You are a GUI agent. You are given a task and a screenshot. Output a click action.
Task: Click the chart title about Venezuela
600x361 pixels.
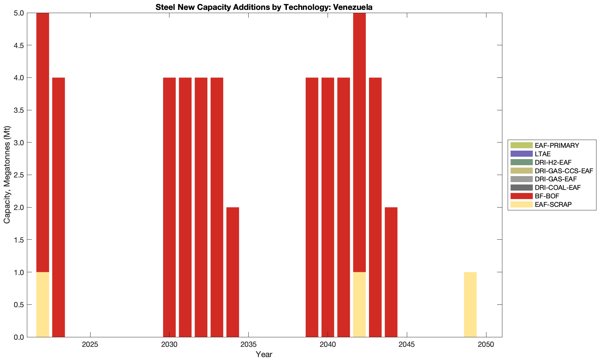click(264, 7)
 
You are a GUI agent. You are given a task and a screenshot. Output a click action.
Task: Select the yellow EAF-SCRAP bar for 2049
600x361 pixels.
click(470, 304)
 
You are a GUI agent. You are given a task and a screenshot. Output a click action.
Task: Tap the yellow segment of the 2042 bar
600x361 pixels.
click(359, 304)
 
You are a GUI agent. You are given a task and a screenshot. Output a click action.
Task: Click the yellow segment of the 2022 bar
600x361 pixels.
click(42, 304)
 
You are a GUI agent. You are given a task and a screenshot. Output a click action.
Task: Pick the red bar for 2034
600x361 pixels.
click(233, 272)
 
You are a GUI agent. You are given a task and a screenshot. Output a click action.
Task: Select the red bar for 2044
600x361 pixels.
click(391, 272)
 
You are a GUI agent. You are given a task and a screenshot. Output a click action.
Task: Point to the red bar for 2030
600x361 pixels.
click(169, 207)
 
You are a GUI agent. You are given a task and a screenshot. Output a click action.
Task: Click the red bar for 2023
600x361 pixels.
click(58, 207)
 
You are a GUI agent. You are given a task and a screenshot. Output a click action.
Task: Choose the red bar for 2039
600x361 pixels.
click(312, 207)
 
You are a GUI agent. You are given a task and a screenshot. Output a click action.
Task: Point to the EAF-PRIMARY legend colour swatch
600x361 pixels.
click(521, 145)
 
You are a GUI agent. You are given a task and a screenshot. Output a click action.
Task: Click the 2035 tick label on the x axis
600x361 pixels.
click(248, 345)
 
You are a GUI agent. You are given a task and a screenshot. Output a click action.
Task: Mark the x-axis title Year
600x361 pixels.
click(264, 354)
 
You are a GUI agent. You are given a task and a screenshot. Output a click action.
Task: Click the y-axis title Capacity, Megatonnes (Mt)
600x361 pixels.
click(7, 175)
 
